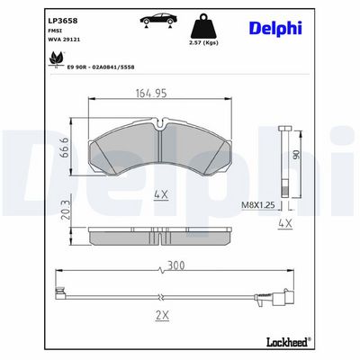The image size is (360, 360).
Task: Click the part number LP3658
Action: point(63,21)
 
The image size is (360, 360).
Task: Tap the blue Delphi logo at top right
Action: point(275,29)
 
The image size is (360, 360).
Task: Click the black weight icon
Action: point(203,26)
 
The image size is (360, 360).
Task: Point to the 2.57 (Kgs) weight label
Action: point(203,42)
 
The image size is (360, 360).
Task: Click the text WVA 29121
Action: point(64,40)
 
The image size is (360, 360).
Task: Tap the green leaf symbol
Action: point(57,58)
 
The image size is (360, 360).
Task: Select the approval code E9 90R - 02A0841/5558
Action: point(101,67)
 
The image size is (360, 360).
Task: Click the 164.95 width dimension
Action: point(151,94)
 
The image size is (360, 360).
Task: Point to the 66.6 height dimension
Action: point(64,148)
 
